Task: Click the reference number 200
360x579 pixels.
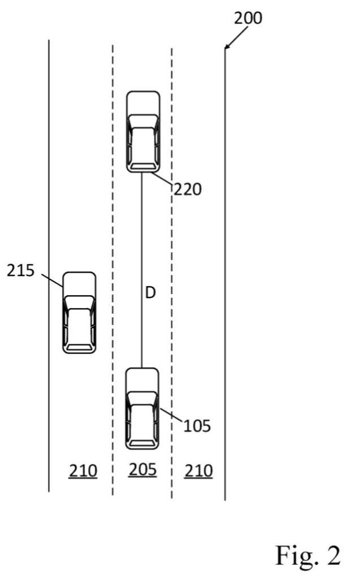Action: coord(248,18)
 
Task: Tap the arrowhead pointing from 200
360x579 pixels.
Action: coord(227,46)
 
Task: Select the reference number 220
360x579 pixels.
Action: coord(188,189)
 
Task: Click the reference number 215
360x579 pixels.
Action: coord(21,271)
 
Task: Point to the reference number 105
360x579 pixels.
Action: coord(197,426)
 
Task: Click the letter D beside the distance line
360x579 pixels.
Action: coord(150,293)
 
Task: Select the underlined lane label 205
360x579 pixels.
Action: coord(142,470)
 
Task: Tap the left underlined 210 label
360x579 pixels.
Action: coord(83,471)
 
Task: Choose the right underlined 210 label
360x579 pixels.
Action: coord(198,471)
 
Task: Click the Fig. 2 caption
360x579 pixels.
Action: coord(308,555)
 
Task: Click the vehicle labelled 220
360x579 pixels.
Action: coord(143,132)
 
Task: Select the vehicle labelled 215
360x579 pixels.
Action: coord(79,313)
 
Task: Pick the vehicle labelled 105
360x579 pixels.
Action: coord(142,409)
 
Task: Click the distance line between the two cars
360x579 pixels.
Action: coord(141,270)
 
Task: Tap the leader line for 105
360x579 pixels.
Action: coord(171,414)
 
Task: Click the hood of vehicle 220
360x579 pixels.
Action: coord(143,103)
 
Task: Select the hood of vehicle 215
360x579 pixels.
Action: coord(79,284)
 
